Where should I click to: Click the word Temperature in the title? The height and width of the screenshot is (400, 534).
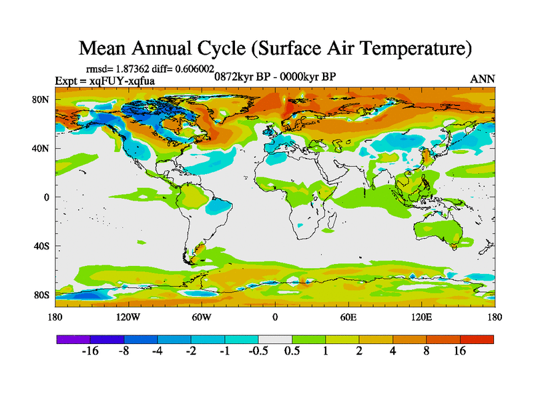pos(407,49)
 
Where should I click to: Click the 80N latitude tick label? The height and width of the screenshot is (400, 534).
pos(42,99)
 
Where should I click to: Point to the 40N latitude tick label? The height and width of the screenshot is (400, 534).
pos(42,148)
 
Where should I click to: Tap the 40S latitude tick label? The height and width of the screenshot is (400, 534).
pos(43,246)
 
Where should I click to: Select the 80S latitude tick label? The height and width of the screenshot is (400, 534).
pos(43,295)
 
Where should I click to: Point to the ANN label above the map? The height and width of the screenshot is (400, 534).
pos(483,79)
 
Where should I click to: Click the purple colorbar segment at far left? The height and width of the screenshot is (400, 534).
pos(73,339)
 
